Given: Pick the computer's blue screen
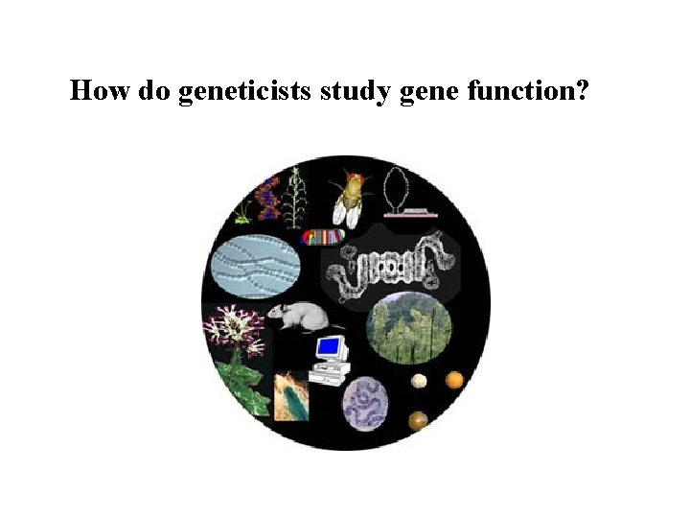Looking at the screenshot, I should point(330,344).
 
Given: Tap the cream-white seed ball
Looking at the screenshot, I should point(419,382).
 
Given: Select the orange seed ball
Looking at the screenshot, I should point(454,380).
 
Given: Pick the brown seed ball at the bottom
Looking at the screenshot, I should point(418,419).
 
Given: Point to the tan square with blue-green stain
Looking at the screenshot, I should point(291,396).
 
